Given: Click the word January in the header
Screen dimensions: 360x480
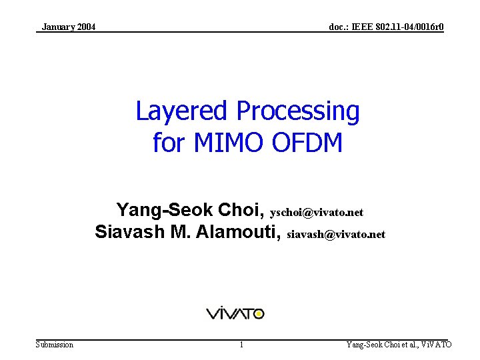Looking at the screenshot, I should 58,27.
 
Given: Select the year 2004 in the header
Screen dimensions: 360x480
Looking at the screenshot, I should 85,27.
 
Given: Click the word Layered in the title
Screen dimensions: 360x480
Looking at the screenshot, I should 182,111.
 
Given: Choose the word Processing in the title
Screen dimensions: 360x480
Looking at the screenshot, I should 298,111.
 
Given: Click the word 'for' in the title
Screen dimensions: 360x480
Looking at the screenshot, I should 167,142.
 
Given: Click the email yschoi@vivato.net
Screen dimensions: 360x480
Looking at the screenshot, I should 317,213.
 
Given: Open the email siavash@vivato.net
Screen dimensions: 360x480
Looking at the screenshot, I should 336,235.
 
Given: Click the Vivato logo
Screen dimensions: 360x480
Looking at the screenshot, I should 235,313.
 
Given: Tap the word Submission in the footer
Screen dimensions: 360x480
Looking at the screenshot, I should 55,345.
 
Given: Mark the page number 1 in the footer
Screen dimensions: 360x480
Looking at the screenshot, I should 241,345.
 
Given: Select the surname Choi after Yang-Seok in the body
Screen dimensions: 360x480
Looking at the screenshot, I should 240,211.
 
